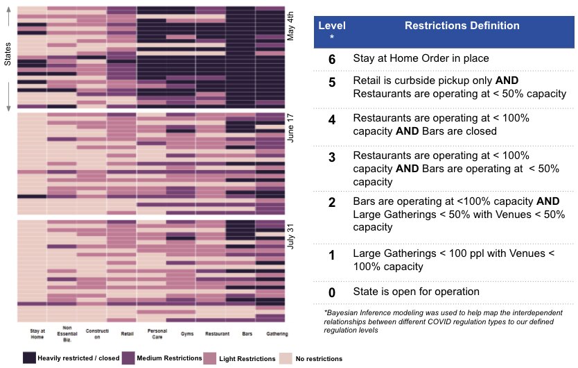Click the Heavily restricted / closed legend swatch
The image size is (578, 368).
[29, 358]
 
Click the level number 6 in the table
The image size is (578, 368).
[332, 60]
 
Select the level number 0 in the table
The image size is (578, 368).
[332, 291]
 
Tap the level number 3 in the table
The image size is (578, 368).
[332, 156]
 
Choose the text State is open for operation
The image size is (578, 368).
[416, 291]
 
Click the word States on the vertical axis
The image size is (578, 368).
[8, 53]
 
